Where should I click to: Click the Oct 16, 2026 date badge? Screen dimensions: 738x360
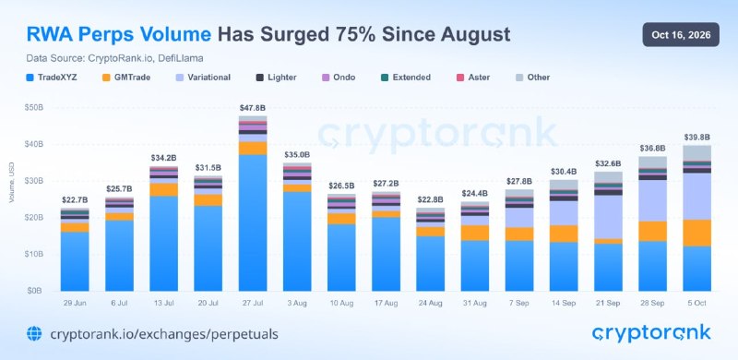pos(681,35)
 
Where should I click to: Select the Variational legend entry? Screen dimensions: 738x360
pos(203,78)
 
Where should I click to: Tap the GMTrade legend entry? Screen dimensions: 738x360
pos(126,78)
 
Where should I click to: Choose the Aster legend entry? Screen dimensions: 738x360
pos(473,78)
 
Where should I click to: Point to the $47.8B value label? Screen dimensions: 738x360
pos(253,108)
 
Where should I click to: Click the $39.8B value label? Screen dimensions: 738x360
pos(696,138)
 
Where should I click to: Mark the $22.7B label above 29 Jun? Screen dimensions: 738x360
pos(75,200)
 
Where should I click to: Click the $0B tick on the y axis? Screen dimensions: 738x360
pos(35,291)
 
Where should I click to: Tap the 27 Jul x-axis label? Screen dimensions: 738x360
pos(253,304)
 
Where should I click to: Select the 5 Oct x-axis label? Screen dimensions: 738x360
pos(697,304)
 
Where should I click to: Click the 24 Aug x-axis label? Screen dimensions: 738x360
pos(431,304)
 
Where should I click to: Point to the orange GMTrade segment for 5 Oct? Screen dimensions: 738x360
pos(697,233)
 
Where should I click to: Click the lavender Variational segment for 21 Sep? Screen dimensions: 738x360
pos(608,217)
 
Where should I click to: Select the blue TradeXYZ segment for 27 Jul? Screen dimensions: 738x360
pos(253,222)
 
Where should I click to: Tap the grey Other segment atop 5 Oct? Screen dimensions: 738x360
pos(697,153)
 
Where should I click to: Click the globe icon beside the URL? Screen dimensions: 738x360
pos(34,333)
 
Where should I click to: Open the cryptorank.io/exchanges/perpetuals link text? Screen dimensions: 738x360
pos(164,334)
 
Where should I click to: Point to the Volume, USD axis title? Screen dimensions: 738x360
pos(11,184)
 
